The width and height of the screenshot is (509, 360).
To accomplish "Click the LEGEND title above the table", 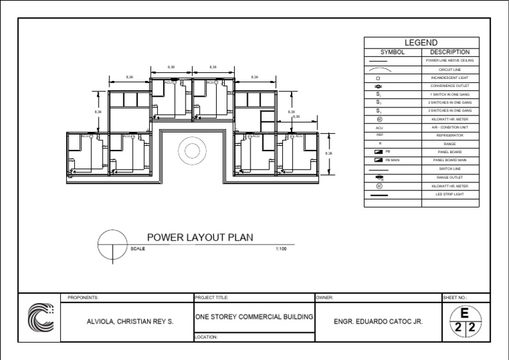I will [421, 42].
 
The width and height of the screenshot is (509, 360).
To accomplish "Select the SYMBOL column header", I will [392, 52].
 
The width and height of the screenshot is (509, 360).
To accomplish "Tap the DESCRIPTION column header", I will [450, 52].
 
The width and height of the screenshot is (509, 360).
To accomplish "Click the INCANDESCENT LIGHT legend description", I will [450, 77].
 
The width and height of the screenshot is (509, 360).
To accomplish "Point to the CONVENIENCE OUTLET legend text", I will [450, 86].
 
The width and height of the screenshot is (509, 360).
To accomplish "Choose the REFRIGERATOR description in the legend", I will [450, 135].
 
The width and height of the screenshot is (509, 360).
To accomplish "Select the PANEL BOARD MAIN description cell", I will [450, 160].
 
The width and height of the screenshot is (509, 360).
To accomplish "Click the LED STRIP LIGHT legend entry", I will [450, 195].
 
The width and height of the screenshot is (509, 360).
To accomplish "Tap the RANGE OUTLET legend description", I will [450, 178].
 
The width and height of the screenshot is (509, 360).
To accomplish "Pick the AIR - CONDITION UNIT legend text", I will [450, 127].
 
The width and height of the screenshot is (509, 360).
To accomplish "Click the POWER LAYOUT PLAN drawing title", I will [199, 237].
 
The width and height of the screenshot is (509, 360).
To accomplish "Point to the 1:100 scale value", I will [281, 249].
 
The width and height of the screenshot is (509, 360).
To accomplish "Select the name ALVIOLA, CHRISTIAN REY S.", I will [130, 322].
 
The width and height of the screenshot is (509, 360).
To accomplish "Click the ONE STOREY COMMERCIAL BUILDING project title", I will [253, 317].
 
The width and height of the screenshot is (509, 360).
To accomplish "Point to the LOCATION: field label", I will [206, 337].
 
